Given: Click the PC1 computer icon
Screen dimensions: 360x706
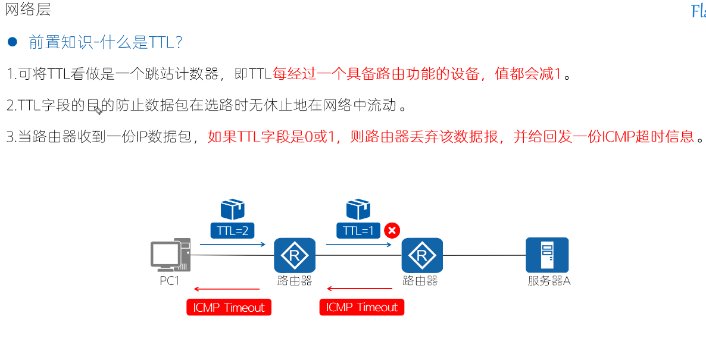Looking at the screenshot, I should [170, 256].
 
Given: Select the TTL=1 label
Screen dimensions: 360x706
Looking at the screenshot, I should [359, 230].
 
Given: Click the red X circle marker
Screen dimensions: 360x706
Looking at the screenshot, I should [392, 230].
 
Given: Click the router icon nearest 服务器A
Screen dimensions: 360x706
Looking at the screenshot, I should [422, 256].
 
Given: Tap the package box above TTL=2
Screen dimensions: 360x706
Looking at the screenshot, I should [233, 209].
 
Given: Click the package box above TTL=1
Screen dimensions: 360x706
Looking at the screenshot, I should [358, 209].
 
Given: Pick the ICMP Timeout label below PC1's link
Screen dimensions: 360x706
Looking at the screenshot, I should [229, 308].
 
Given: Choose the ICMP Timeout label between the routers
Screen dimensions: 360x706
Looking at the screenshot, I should [362, 308].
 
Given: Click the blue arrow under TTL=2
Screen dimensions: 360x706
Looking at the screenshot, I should [233, 244].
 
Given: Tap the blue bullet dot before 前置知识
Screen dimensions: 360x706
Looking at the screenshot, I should [12, 42].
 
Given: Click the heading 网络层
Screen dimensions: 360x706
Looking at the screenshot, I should [28, 10].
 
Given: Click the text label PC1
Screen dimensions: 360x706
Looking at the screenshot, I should [170, 281].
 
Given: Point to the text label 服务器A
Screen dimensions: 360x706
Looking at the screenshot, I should [549, 281].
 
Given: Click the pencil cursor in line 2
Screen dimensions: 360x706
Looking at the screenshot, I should [98, 109].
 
